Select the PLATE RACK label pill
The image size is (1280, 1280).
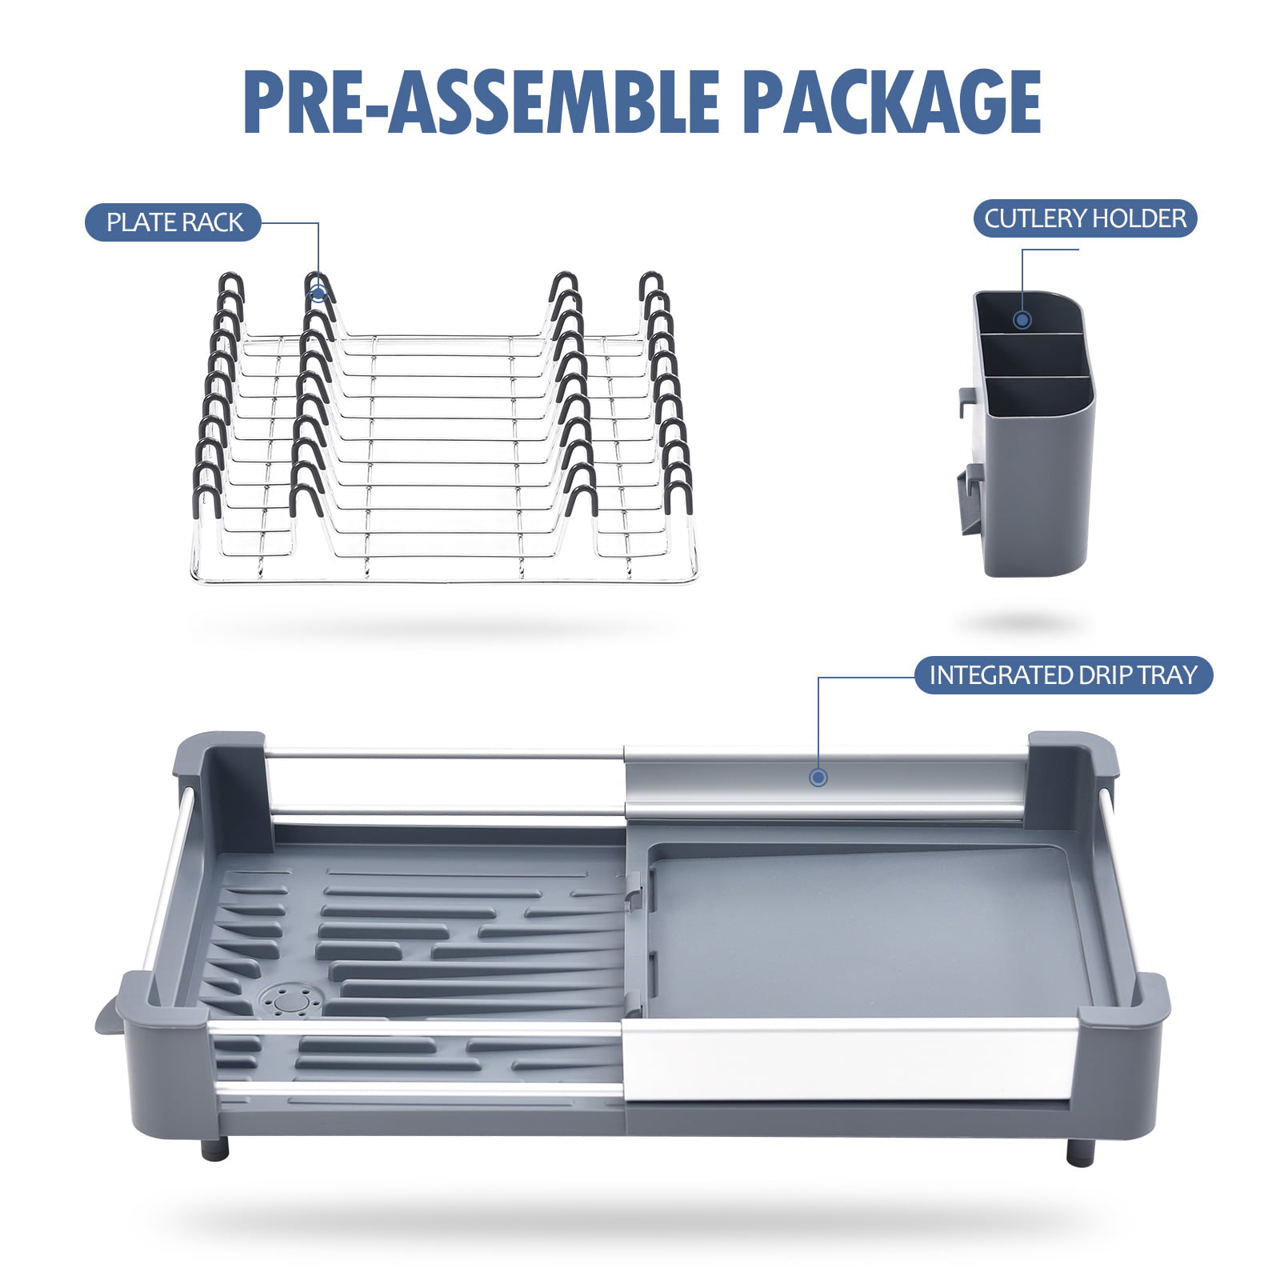tap(174, 222)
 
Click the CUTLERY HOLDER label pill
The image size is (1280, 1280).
tap(1085, 218)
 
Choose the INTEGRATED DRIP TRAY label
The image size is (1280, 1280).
tap(1063, 675)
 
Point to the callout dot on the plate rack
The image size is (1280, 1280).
tap(318, 294)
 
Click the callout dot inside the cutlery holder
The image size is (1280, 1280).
tap(1022, 320)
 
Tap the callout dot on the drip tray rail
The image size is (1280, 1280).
tap(818, 777)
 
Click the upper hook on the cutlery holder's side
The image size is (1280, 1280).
tap(967, 402)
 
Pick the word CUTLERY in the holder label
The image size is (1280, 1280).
tap(1035, 218)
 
